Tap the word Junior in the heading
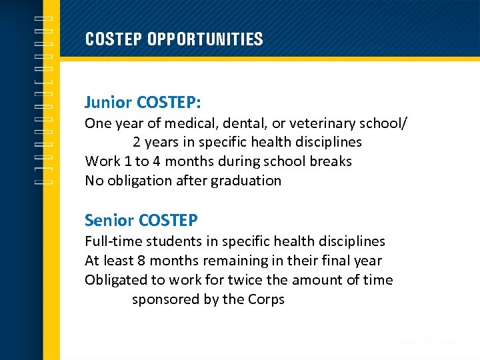108,103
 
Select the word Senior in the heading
108,220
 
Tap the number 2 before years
137,142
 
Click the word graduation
246,181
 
